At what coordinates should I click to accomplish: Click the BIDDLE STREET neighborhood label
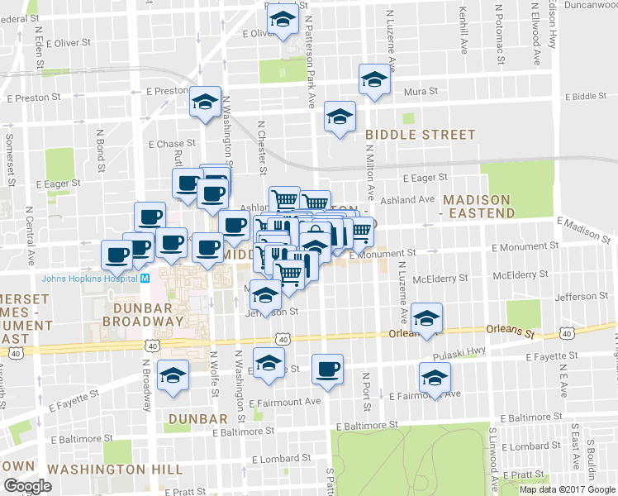tap(421, 134)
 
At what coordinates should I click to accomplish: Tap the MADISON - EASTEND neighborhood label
tap(479, 206)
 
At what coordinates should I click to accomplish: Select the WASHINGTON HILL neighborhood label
tap(115, 469)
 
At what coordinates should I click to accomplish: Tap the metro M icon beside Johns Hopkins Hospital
tap(145, 278)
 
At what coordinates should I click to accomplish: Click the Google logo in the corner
tap(27, 486)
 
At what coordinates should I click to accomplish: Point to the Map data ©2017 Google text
tap(567, 489)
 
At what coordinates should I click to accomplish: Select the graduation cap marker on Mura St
tap(373, 81)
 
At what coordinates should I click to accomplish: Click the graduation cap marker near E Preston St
tap(204, 103)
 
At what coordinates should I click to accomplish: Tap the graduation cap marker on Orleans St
tap(426, 318)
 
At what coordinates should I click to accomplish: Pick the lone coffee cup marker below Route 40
tap(327, 368)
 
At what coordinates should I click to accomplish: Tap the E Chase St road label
tap(171, 144)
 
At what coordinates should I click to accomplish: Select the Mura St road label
tap(421, 92)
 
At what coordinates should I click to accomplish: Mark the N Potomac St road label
tap(500, 33)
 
